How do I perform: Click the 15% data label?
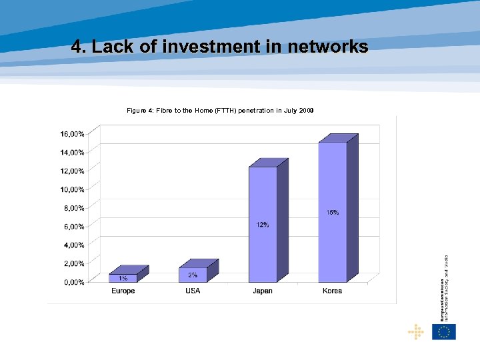[332, 213]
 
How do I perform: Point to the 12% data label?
[263, 225]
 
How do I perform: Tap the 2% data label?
[193, 275]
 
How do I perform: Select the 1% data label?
[123, 278]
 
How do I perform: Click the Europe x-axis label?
[123, 291]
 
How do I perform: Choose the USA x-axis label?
[193, 291]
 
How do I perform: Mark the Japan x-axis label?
[263, 291]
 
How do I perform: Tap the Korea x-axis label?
[332, 291]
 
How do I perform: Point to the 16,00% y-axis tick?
[72, 134]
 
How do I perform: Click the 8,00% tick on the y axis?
[73, 208]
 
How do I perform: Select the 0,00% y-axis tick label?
[73, 282]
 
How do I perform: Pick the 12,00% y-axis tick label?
[72, 171]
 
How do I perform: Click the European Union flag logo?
[444, 331]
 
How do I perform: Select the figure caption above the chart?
[220, 110]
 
